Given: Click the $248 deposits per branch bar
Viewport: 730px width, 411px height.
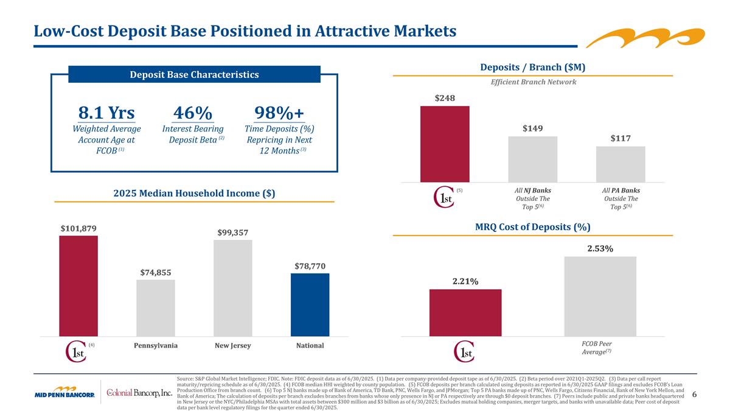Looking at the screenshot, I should [x=444, y=143].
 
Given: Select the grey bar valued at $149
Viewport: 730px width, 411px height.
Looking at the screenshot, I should [x=532, y=158].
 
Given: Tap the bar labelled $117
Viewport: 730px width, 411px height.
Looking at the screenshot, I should [x=620, y=163].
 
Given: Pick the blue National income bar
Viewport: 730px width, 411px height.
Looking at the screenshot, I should [x=310, y=304].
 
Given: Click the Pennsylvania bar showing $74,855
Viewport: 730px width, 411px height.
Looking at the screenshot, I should [x=155, y=307].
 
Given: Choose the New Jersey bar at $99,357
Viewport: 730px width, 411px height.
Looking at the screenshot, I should [x=232, y=287].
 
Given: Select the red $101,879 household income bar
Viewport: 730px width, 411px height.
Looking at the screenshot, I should [x=78, y=285].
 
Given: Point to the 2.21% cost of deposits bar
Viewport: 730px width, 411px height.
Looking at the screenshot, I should [x=465, y=312].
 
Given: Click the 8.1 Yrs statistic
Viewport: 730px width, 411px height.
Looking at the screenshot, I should [x=106, y=113].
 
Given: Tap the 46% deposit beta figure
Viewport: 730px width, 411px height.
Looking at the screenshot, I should [x=193, y=113].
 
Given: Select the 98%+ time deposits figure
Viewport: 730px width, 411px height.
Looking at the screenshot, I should [x=279, y=113].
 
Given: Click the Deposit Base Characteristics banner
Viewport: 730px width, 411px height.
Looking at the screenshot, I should [x=194, y=74].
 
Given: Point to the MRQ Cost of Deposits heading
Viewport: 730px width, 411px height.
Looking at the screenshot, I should [x=532, y=227].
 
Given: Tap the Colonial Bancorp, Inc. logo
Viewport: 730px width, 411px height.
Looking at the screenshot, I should [x=139, y=392].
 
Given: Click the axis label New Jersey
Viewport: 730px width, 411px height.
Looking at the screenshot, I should [x=232, y=346].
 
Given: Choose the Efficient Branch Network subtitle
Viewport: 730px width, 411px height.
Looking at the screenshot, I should [x=533, y=82].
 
